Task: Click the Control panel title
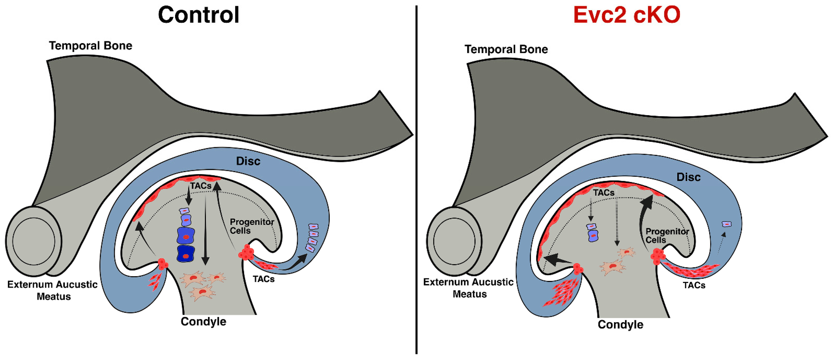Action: pos(198,15)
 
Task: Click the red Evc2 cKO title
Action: pos(627,15)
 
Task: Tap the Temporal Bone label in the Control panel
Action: pos(91,46)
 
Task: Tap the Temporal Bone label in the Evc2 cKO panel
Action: pos(506,49)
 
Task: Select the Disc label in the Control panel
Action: pos(248,161)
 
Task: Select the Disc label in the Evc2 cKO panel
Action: pos(689,177)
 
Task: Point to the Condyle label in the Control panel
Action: pos(203,321)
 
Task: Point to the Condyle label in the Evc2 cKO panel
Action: pos(620,324)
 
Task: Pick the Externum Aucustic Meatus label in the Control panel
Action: pos(52,290)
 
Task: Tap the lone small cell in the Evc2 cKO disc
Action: pos(727,224)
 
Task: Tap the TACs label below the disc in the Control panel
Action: pos(264,279)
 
